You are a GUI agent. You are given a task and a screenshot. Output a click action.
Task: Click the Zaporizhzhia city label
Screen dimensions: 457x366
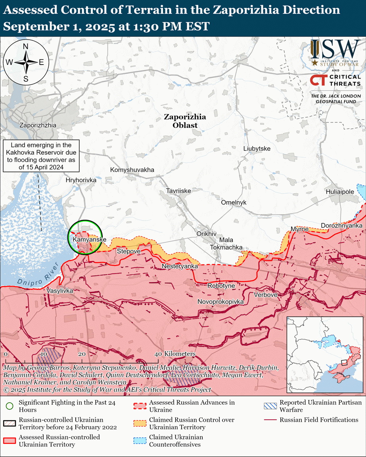click(38, 125)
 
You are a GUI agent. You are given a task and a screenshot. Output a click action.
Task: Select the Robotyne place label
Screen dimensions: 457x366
click(221, 286)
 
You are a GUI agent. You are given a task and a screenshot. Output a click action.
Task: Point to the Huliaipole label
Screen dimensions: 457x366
click(339, 192)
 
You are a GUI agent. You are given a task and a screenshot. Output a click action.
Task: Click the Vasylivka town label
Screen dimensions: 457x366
click(60, 291)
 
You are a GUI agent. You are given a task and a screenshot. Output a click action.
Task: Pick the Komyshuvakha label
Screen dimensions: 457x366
click(132, 170)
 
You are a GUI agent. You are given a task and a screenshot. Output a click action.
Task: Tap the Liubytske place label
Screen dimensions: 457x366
click(257, 149)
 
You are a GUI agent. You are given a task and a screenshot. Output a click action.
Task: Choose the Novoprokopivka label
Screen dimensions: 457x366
click(220, 302)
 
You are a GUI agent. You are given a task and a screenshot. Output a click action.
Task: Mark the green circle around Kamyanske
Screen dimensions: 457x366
click(85, 237)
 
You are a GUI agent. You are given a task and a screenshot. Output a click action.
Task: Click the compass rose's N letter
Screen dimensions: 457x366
click(26, 47)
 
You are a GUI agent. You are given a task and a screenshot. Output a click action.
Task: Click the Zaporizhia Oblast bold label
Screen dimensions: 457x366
click(185, 121)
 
